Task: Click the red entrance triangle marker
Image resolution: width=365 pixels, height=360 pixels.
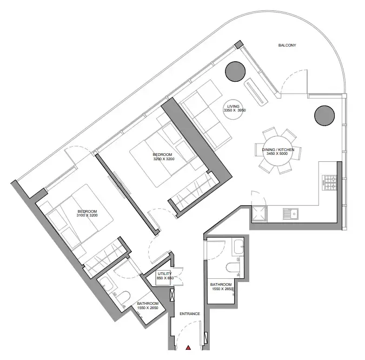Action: (188, 348)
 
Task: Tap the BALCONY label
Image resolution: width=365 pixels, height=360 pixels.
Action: (287, 45)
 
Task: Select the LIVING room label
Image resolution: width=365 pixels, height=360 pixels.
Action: (233, 106)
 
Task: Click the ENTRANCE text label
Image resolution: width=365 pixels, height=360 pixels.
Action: (190, 313)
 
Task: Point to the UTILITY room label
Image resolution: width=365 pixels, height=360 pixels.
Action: (164, 273)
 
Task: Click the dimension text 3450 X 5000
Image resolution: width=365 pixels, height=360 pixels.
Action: (277, 154)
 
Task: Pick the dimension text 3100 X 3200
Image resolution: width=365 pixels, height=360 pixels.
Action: (87, 215)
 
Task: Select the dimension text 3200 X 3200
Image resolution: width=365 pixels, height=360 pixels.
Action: (164, 159)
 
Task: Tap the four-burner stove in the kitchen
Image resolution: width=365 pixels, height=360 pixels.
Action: (329, 182)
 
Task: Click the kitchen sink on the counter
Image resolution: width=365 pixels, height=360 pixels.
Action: (290, 214)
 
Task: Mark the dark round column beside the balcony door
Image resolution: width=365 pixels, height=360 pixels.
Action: (324, 115)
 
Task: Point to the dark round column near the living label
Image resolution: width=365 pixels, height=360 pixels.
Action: (235, 71)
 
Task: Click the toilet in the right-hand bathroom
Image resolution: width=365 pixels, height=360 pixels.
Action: (233, 267)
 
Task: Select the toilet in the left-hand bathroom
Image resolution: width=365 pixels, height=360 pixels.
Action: (122, 298)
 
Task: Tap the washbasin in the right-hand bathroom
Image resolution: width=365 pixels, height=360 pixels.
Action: (238, 247)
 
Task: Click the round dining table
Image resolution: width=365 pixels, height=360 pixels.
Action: (277, 150)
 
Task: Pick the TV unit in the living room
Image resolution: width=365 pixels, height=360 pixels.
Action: (256, 92)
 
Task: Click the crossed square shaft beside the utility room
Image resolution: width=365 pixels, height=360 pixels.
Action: (172, 295)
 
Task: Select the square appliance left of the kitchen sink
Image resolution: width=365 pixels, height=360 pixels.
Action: (260, 213)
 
